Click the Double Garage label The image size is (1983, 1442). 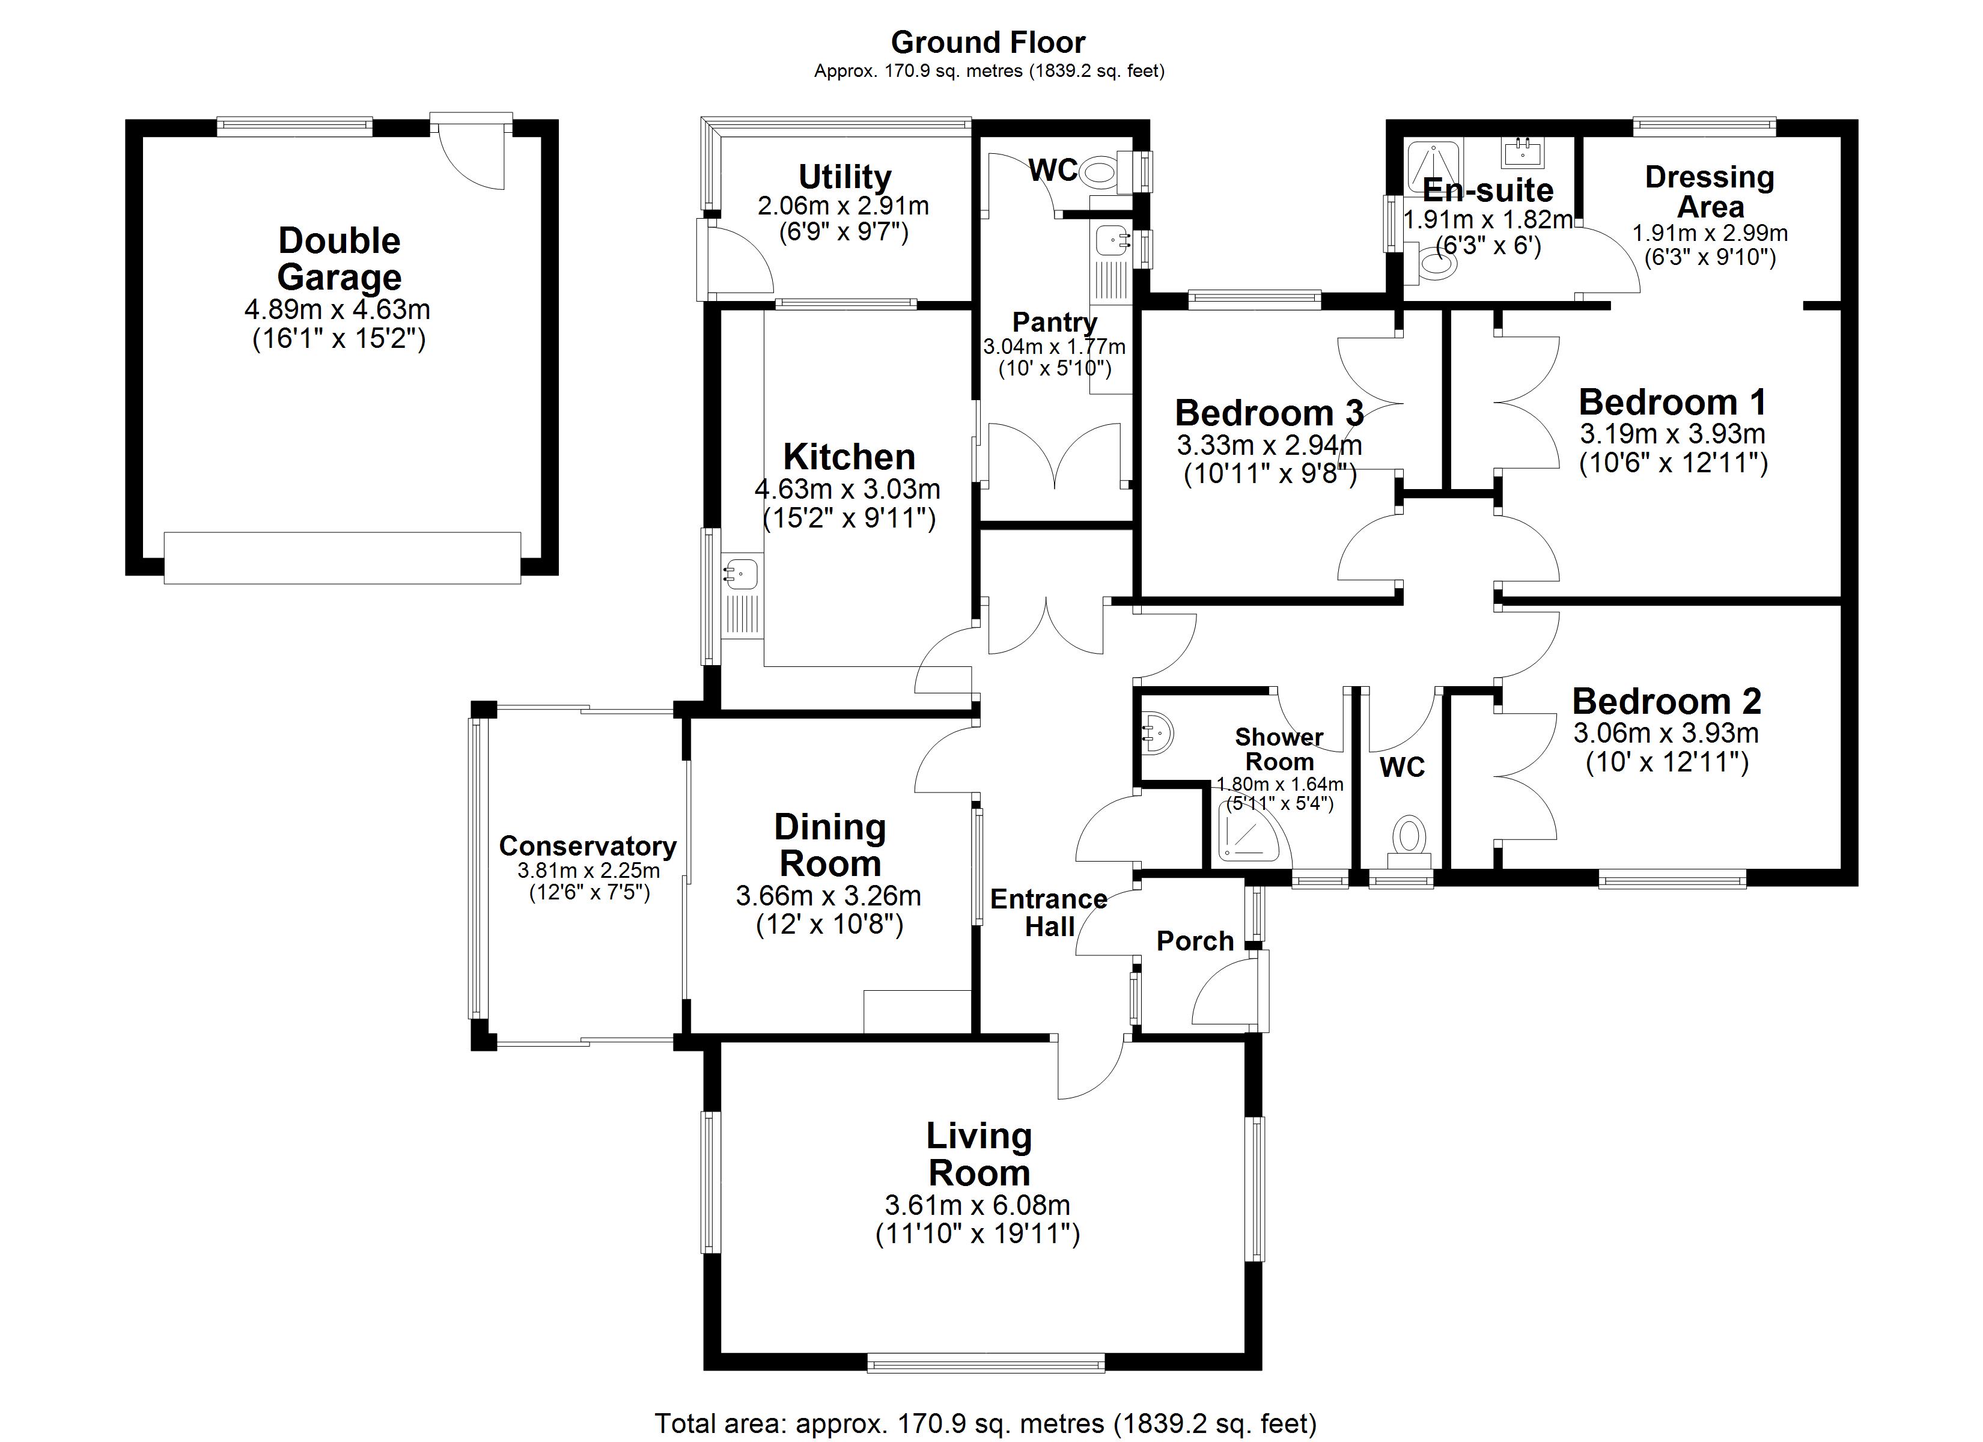coord(340,259)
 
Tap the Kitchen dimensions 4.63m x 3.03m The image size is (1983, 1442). coord(847,489)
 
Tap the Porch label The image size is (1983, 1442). coord(1195,941)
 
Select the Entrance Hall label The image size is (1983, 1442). coord(1049,913)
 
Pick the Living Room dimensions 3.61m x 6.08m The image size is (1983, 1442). coord(978,1205)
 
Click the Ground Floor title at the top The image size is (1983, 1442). coord(988,42)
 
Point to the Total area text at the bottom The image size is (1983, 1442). coord(985,1423)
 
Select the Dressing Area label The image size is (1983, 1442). coord(1710,192)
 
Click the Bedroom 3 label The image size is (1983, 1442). coord(1269,413)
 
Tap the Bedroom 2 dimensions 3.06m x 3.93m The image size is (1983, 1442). coord(1666,733)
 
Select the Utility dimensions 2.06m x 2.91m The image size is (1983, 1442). coord(843,206)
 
